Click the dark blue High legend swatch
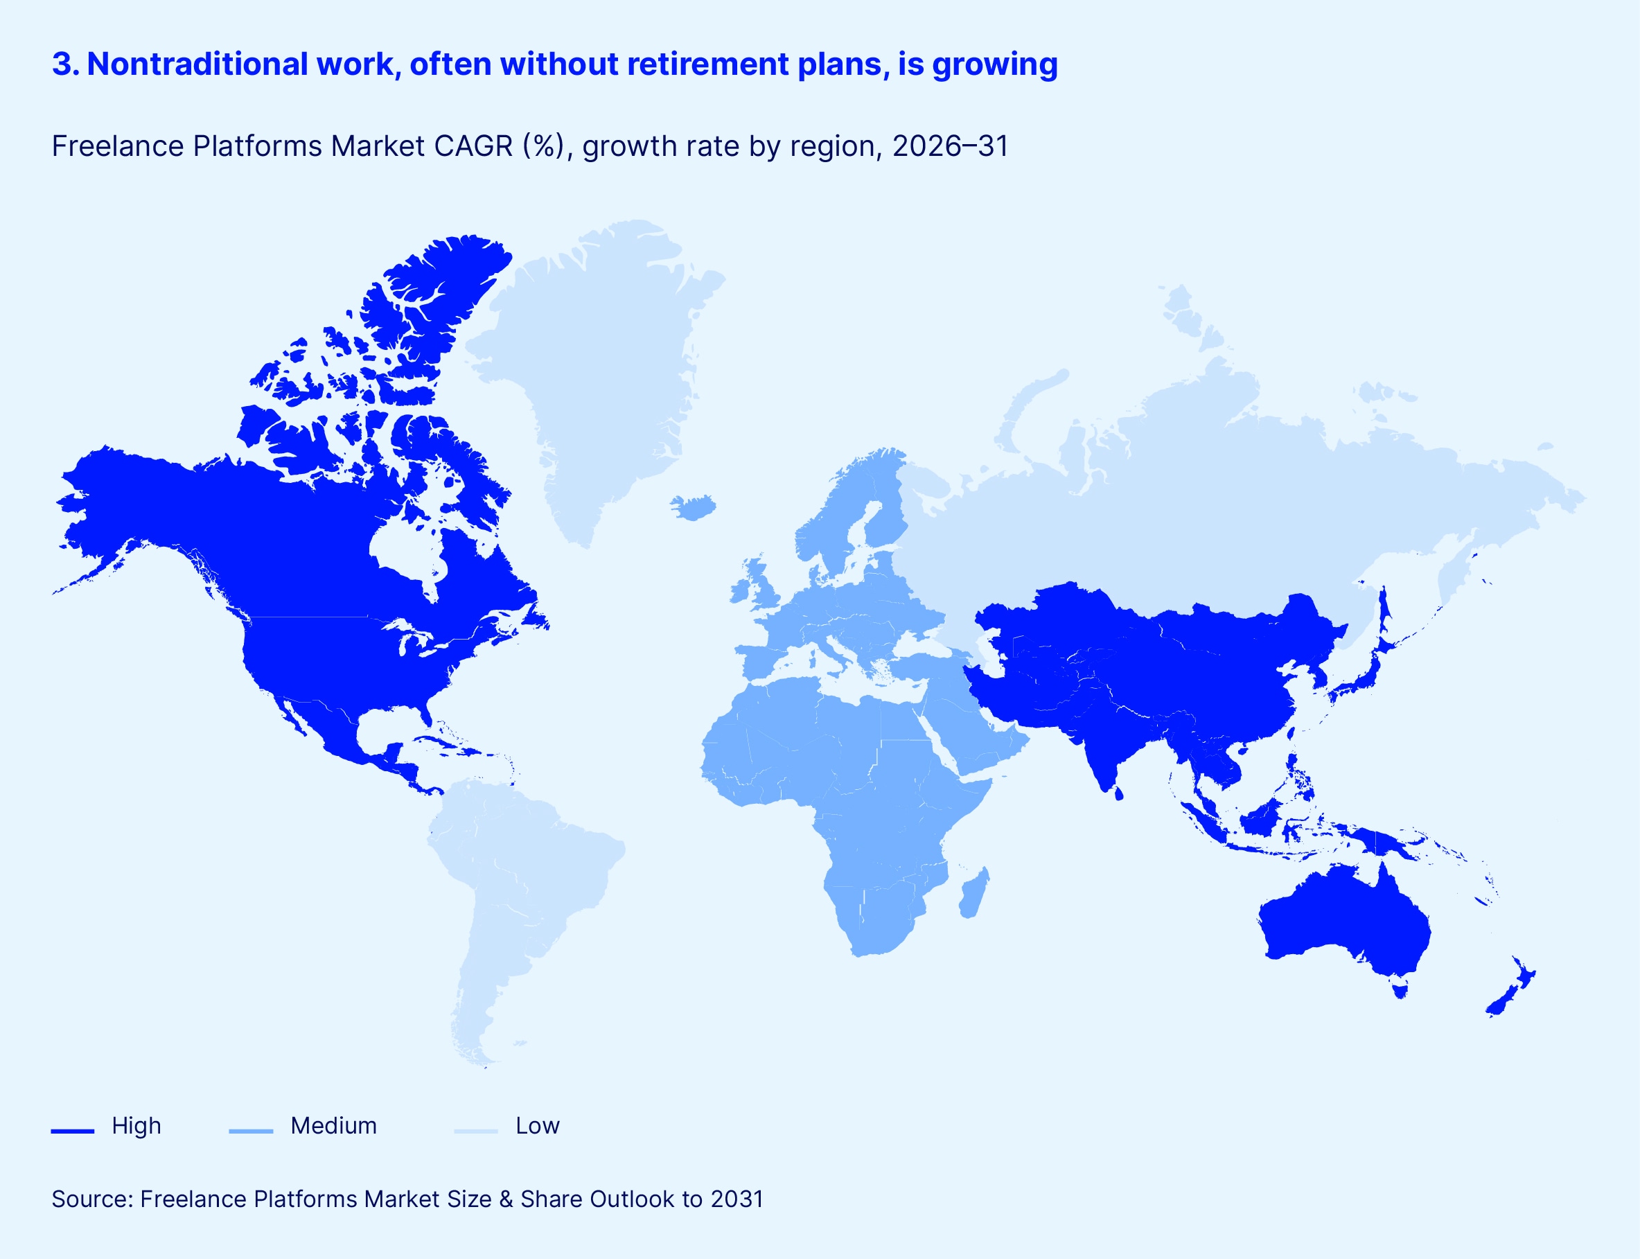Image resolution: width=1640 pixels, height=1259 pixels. click(x=73, y=1131)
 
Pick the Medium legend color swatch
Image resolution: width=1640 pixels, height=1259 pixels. click(x=251, y=1131)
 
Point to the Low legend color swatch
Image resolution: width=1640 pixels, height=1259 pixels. click(x=476, y=1131)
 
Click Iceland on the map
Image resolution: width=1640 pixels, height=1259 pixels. click(x=693, y=507)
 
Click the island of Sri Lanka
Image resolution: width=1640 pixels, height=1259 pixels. click(x=1118, y=791)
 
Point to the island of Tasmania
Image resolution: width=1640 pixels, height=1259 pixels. click(x=1399, y=991)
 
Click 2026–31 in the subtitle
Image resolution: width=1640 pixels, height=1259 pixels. click(x=950, y=146)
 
